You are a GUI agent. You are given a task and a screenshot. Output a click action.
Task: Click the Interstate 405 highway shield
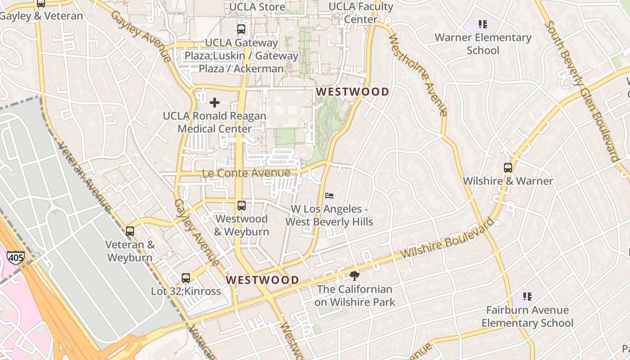point(15,257)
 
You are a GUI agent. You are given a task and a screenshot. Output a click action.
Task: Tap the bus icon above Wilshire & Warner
point(508,168)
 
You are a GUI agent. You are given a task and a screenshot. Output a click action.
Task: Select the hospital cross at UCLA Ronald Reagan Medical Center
point(215,103)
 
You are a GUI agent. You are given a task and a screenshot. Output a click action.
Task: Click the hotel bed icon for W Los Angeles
point(329,196)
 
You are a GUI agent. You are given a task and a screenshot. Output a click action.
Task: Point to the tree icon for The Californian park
point(355,276)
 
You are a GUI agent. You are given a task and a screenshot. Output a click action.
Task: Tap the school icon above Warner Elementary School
point(483,24)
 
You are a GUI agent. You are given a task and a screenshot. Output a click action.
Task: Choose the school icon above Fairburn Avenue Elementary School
point(527,297)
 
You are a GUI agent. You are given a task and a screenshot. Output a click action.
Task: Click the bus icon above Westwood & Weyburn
point(242,206)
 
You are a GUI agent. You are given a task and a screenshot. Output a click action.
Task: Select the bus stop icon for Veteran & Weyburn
point(130,231)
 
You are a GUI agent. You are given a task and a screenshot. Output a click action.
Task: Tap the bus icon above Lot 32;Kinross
point(186,278)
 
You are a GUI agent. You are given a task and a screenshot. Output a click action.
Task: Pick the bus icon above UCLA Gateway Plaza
point(241,30)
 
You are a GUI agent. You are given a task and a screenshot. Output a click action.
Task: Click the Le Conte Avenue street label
point(246,173)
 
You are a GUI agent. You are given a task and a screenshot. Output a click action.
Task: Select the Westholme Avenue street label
point(418,74)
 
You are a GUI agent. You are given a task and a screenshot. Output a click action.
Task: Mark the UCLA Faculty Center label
point(361,13)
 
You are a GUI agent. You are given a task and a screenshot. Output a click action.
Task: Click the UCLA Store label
point(257,7)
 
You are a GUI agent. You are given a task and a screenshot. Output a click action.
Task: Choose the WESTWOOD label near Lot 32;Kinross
point(262,280)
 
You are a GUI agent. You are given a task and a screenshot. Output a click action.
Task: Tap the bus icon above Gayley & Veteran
point(41,4)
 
